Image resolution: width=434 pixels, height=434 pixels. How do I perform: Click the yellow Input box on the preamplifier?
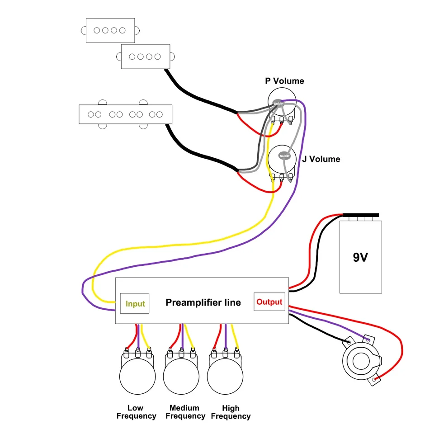(135, 303)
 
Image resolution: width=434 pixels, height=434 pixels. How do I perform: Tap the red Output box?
(269, 302)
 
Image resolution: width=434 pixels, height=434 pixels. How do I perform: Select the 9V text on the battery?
(360, 257)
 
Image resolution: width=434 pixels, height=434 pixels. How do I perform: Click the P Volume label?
(284, 81)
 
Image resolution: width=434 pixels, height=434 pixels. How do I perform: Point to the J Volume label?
(321, 159)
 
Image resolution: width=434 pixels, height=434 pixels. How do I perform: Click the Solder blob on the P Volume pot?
(278, 104)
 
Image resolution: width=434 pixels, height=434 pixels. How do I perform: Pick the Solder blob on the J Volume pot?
(284, 156)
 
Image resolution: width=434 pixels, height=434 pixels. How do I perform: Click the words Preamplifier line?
(203, 302)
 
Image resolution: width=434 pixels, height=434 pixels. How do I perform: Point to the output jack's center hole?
(361, 361)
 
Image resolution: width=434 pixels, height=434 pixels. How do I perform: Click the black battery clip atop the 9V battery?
(361, 215)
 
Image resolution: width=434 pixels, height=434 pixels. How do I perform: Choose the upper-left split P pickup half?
(110, 30)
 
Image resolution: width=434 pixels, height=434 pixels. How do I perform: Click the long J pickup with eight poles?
(125, 114)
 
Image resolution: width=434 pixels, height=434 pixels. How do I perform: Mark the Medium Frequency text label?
(185, 412)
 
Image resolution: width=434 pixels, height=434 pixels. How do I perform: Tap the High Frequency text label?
(231, 412)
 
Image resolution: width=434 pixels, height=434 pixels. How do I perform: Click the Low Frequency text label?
(136, 412)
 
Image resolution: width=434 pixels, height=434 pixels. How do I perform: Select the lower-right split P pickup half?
(146, 57)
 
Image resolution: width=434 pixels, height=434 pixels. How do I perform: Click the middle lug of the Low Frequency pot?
(137, 353)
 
